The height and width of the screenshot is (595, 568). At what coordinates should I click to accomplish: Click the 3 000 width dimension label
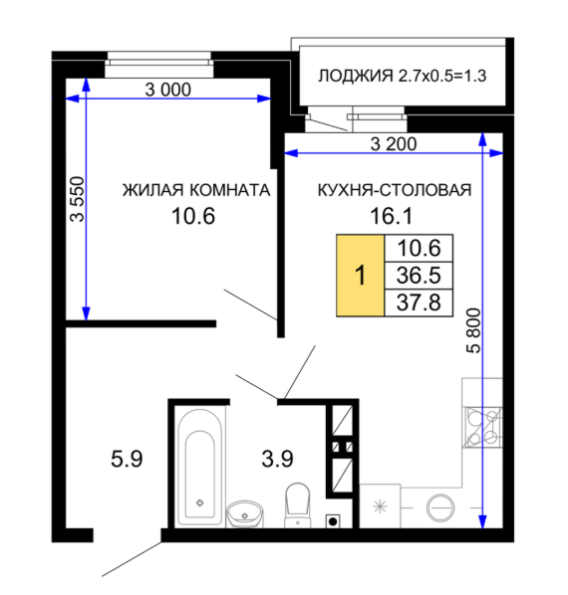point(168,90)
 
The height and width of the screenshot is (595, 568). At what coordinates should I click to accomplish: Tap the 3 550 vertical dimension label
point(78,199)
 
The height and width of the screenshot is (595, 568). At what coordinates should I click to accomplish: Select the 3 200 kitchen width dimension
point(394,144)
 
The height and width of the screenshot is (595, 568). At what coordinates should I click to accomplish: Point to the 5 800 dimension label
point(473,331)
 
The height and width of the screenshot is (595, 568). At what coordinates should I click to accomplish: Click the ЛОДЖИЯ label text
point(355,76)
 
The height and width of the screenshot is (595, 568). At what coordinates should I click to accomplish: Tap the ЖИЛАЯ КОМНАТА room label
point(196,190)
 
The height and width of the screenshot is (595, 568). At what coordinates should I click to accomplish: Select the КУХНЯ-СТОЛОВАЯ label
point(395,190)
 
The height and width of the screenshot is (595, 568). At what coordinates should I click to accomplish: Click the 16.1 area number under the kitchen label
point(391,216)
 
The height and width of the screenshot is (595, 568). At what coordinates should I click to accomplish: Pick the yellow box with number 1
point(360,275)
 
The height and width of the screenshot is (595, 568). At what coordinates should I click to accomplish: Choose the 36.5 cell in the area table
point(419,275)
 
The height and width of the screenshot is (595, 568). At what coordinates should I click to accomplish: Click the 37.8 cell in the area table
point(419,302)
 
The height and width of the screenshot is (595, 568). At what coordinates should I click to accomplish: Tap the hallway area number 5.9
point(127,459)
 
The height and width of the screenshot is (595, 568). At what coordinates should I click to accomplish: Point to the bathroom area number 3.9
point(277,459)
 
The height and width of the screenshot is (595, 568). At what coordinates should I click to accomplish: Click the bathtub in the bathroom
point(200,468)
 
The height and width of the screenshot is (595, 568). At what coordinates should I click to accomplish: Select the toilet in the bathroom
point(297,505)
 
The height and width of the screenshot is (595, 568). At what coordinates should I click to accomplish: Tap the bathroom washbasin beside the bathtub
point(245,514)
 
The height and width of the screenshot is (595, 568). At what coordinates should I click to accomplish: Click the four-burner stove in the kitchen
point(483,427)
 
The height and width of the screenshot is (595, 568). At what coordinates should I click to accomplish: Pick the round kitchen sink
point(440,507)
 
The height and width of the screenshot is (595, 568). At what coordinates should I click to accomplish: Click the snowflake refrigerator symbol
point(380,506)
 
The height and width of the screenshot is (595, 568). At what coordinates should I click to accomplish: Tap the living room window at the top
point(158,63)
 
